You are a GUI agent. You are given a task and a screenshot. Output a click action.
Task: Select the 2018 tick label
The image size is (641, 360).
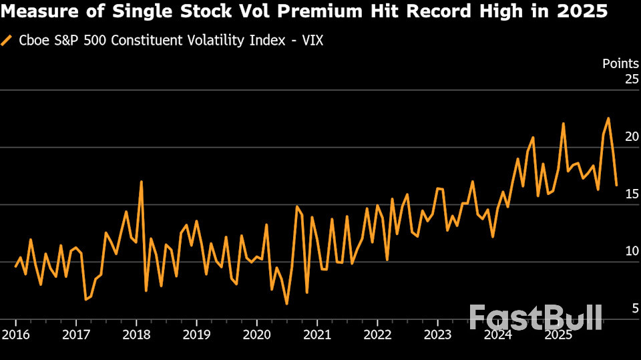[x=136, y=333]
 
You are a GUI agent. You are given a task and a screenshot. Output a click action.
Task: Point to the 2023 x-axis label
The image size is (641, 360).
[x=437, y=333]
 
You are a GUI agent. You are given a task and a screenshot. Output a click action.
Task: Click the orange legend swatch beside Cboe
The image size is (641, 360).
[x=7, y=41]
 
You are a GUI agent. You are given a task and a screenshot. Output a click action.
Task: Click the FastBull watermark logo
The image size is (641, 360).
[x=536, y=317]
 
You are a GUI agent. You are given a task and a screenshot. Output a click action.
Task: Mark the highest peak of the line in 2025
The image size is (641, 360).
[x=608, y=119]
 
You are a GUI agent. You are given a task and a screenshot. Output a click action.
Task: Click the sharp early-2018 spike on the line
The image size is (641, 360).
[x=141, y=182]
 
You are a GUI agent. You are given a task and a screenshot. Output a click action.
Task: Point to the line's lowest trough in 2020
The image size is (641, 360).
[x=286, y=304]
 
